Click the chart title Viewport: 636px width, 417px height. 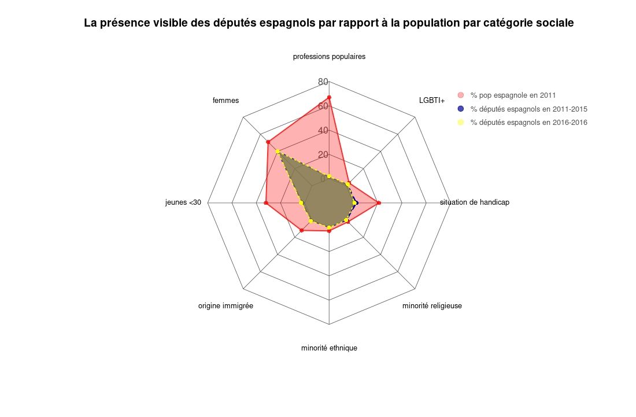coord(328,23)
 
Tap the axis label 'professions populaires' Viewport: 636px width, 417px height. coord(329,57)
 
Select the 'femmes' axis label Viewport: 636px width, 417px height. coord(225,101)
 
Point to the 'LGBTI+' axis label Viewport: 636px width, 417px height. coord(432,101)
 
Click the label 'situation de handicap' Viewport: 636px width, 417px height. coord(474,202)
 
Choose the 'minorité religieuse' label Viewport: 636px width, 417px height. coord(432,305)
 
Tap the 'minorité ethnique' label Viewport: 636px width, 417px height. coord(329,348)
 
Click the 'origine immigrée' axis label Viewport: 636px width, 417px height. coord(225,305)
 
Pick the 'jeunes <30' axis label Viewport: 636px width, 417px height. coord(183,202)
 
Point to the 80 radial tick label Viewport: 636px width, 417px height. coord(323,82)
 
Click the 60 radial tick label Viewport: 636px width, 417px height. coord(323,106)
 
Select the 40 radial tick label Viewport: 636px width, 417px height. coord(323,130)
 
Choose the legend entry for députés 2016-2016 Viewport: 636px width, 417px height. coord(528,123)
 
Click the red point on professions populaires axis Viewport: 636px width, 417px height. coord(329,97)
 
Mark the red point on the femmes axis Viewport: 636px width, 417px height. coord(268,142)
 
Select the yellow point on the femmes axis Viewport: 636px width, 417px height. coord(278,152)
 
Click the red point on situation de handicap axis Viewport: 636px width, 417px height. coord(378,203)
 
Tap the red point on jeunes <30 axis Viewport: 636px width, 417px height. coord(265,203)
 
